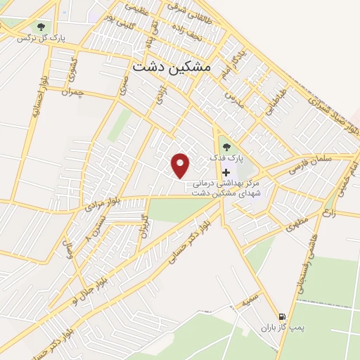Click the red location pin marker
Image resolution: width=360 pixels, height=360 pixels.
click(181, 165)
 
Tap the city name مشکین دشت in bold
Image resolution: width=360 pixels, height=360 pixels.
click(171, 65)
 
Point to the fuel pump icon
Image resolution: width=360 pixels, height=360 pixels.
click(283, 317)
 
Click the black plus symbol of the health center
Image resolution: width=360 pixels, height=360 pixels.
click(226, 173)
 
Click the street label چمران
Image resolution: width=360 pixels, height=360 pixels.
click(72, 92)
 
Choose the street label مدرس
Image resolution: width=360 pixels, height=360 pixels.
click(234, 97)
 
